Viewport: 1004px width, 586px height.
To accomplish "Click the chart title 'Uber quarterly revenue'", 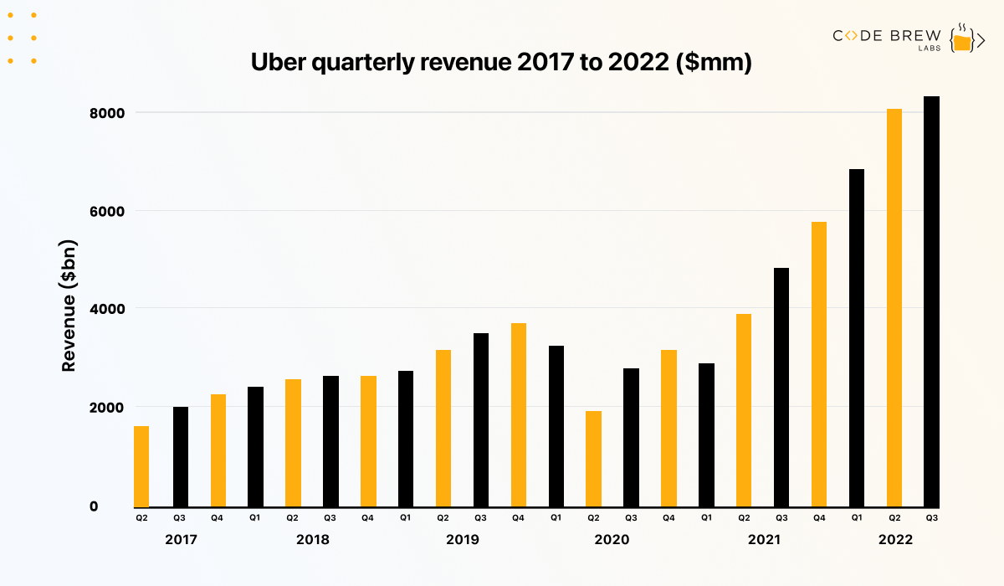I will coord(502,64).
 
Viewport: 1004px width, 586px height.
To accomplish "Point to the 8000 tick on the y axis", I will coord(106,113).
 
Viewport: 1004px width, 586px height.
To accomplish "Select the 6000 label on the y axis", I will coord(106,211).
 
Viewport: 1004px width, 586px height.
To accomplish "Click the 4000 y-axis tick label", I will coord(106,309).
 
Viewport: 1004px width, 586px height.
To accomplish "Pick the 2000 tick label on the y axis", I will coord(106,408).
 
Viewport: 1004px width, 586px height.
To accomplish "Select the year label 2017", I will coord(181,540).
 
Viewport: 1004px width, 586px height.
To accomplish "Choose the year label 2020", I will coord(612,540).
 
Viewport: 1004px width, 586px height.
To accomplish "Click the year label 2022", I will coord(894,540).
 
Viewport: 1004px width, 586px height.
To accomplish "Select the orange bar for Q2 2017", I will coord(141,466).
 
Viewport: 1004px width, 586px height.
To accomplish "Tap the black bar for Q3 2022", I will coord(931,301).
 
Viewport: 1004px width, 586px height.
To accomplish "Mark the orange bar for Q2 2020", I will coord(593,459).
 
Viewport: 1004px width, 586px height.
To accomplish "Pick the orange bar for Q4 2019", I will coord(518,414).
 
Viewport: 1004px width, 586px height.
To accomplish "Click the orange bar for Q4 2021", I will coord(818,364).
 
